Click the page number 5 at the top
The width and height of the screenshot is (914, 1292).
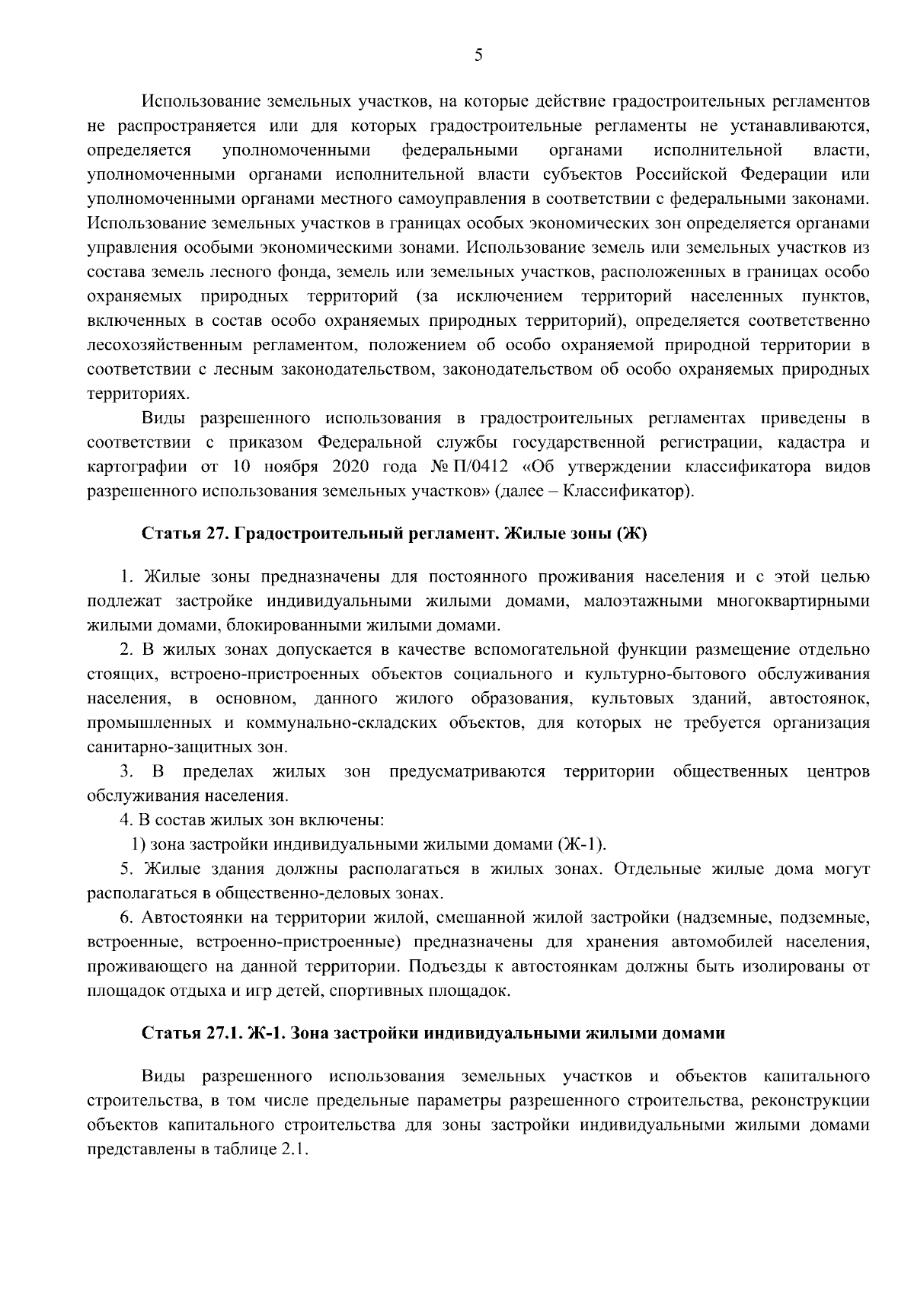coord(478,54)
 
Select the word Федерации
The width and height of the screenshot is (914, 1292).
coord(785,174)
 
